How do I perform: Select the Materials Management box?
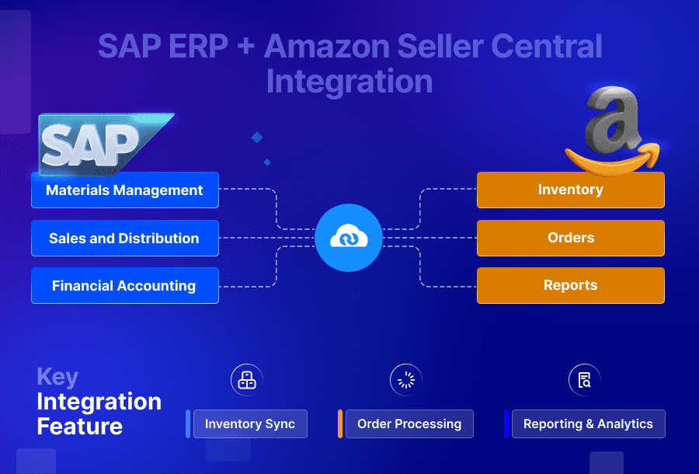click(x=124, y=190)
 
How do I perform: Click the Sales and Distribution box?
click(x=124, y=239)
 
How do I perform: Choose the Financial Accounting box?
click(x=124, y=286)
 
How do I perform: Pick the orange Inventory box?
click(x=570, y=190)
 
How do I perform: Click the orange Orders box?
click(x=570, y=238)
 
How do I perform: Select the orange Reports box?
click(x=570, y=285)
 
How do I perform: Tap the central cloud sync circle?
click(x=349, y=238)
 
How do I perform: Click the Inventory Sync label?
click(x=250, y=424)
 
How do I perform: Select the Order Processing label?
click(x=409, y=424)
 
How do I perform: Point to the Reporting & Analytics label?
click(x=588, y=424)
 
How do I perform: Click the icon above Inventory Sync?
click(x=247, y=380)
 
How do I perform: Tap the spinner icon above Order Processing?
click(x=405, y=380)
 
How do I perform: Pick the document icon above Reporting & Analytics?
click(x=584, y=380)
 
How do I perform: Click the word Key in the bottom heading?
click(x=57, y=378)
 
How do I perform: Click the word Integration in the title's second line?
click(x=349, y=81)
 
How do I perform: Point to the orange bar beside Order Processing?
click(x=340, y=424)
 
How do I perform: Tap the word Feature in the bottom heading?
click(x=79, y=427)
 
